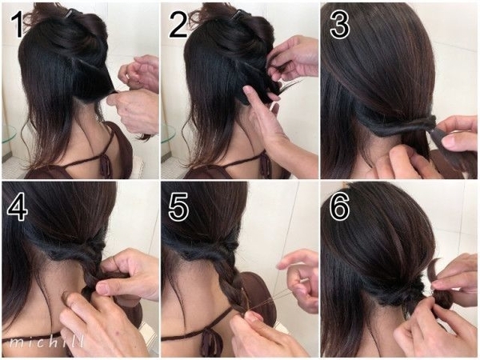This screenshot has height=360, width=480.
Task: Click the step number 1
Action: [x=17, y=25]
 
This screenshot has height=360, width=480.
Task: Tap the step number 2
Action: [x=178, y=25]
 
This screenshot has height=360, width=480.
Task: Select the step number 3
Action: [x=339, y=26]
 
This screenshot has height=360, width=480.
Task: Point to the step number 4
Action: [x=18, y=207]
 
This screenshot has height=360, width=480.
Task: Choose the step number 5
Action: [x=178, y=207]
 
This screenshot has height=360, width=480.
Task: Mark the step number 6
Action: [x=339, y=207]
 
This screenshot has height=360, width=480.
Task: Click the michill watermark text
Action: [x=46, y=342]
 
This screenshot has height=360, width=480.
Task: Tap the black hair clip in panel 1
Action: [x=74, y=14]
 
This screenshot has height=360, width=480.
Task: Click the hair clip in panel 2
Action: [x=238, y=14]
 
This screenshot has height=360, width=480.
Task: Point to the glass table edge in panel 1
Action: [x=9, y=134]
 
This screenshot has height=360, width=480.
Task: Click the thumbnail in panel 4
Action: [x=103, y=288]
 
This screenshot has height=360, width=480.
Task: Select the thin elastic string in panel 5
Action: [x=270, y=297]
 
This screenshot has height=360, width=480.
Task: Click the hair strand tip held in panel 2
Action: [x=294, y=84]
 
